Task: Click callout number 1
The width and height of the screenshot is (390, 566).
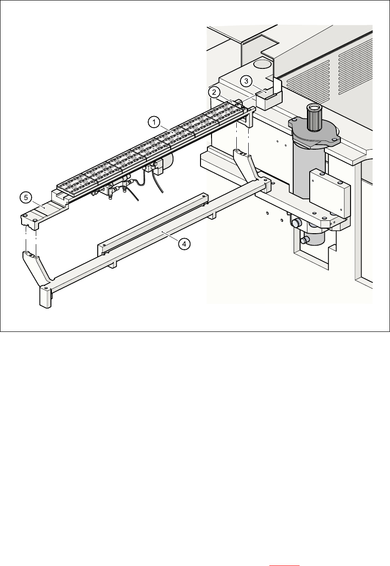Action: click(x=154, y=122)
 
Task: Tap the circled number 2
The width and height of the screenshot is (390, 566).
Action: click(x=214, y=92)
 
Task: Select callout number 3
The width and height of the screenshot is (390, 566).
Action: click(x=246, y=81)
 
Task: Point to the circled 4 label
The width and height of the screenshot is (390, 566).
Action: click(x=184, y=244)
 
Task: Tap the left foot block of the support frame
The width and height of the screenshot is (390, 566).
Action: click(x=45, y=297)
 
